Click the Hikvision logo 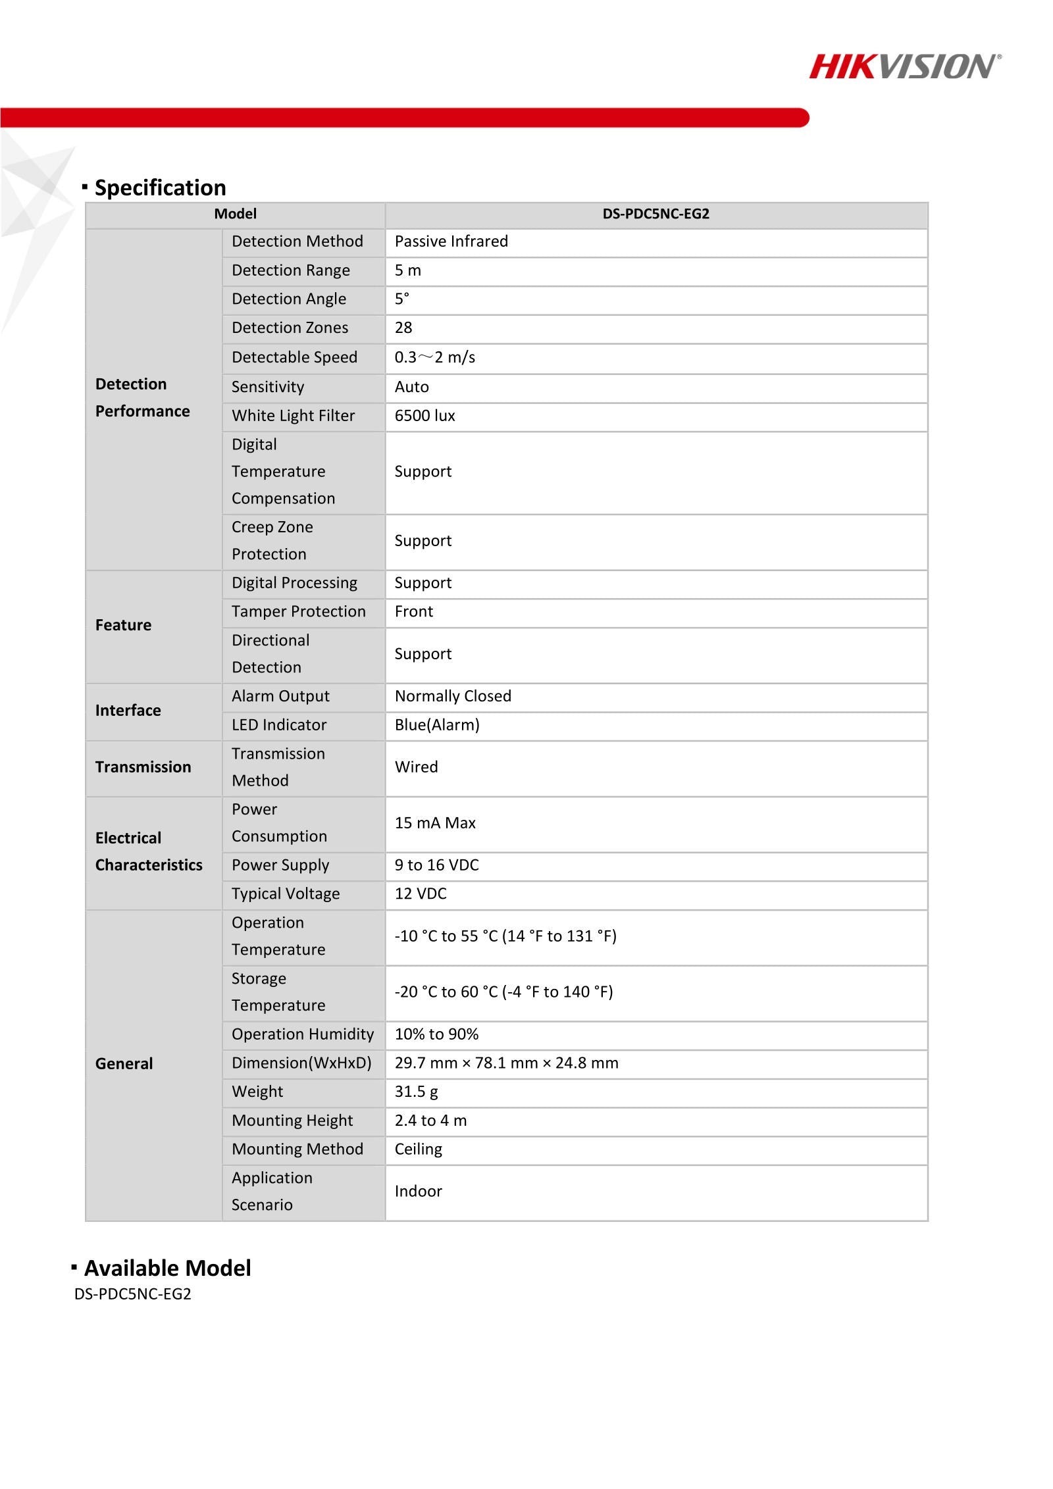[x=905, y=66]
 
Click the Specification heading [x=160, y=188]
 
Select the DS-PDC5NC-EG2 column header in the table [x=655, y=214]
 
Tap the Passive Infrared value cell [x=451, y=241]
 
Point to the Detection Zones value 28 [x=403, y=328]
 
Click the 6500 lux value [x=424, y=416]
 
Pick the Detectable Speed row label [x=294, y=357]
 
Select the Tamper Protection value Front [x=414, y=612]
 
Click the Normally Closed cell [x=453, y=696]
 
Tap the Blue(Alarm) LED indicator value [x=437, y=725]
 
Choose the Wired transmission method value [x=416, y=767]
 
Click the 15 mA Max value [x=435, y=823]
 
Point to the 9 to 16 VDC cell [x=436, y=865]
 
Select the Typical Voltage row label [x=286, y=894]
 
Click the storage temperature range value [x=503, y=992]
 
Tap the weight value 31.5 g [x=416, y=1092]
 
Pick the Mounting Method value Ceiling [x=418, y=1149]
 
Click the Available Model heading [x=167, y=1268]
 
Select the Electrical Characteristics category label [x=149, y=851]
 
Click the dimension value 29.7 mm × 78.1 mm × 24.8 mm [x=506, y=1063]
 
